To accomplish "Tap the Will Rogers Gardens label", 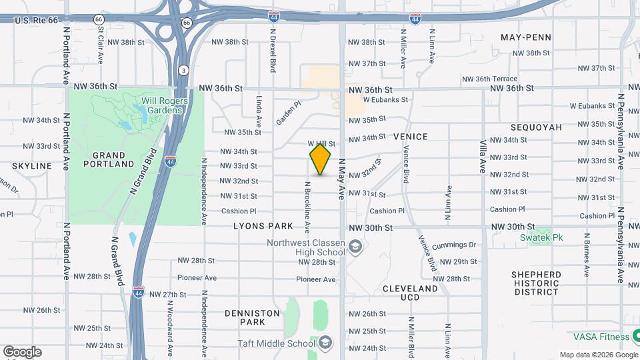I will tap(164, 105).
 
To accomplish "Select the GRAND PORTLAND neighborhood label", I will tap(109, 159).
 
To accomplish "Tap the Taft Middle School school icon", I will tap(325, 343).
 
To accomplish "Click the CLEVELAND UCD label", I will tap(410, 293).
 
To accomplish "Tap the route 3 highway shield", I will tap(183, 70).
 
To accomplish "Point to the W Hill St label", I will tap(321, 143).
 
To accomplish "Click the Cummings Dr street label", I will tap(454, 245).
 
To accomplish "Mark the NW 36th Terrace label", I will tap(491, 79).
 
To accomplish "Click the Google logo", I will tap(22, 351).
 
